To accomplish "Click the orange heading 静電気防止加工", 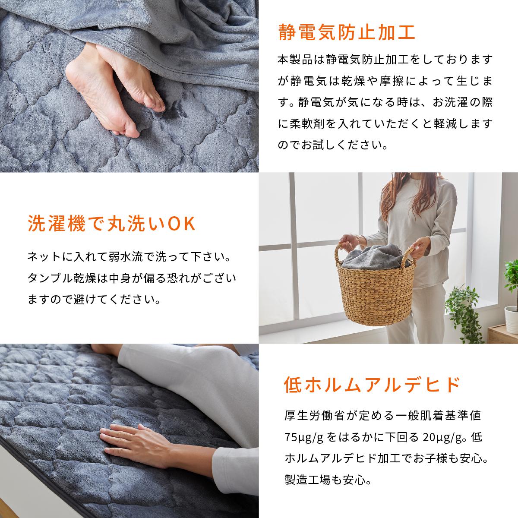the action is coord(347,32).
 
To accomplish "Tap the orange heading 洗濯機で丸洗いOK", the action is coord(112,223).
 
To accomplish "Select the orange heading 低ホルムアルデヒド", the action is coord(372,385).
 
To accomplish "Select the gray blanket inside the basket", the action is coord(374,257).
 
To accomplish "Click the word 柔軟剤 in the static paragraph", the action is coord(307,124).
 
